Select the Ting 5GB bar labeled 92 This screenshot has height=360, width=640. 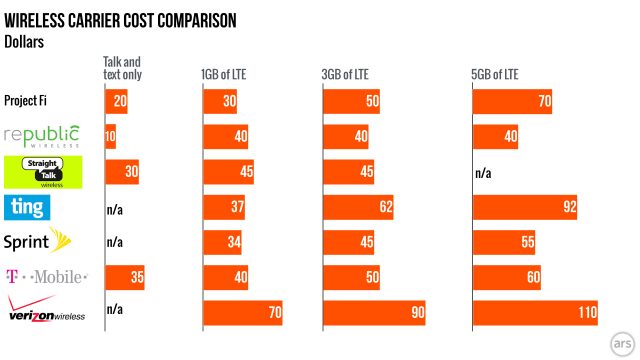(x=524, y=207)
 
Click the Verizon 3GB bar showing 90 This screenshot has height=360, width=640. (x=374, y=313)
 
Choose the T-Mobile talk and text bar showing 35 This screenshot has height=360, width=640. (x=125, y=277)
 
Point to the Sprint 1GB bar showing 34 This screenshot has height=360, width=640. (x=222, y=242)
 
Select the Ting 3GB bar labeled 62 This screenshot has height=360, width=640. (x=358, y=207)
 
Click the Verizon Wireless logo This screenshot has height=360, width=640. (x=44, y=311)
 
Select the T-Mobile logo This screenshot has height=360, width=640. (x=45, y=277)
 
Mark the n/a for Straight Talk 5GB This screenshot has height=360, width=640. (x=483, y=172)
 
